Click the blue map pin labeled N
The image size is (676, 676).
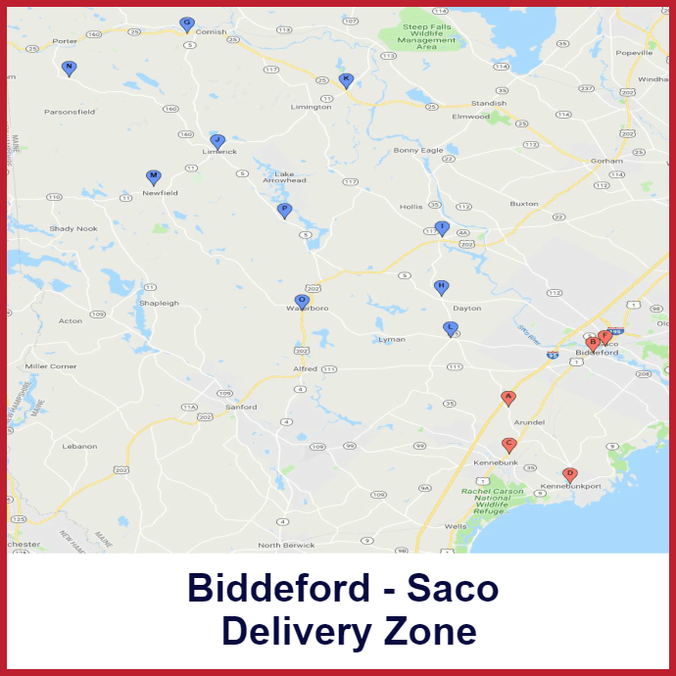click(69, 68)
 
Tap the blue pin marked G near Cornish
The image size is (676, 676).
click(186, 24)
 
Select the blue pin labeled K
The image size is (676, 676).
click(345, 79)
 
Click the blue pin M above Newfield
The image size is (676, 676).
click(153, 176)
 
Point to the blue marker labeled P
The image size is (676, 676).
click(285, 210)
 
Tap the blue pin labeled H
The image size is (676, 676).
click(441, 286)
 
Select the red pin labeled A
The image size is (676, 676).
click(507, 397)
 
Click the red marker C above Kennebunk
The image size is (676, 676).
click(508, 445)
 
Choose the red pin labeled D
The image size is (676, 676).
click(569, 474)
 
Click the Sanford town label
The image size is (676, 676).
click(241, 407)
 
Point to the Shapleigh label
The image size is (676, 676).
click(159, 303)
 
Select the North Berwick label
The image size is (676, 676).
click(287, 545)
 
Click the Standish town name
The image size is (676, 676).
click(489, 103)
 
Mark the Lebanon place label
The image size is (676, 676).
click(79, 446)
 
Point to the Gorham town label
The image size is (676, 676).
click(606, 160)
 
